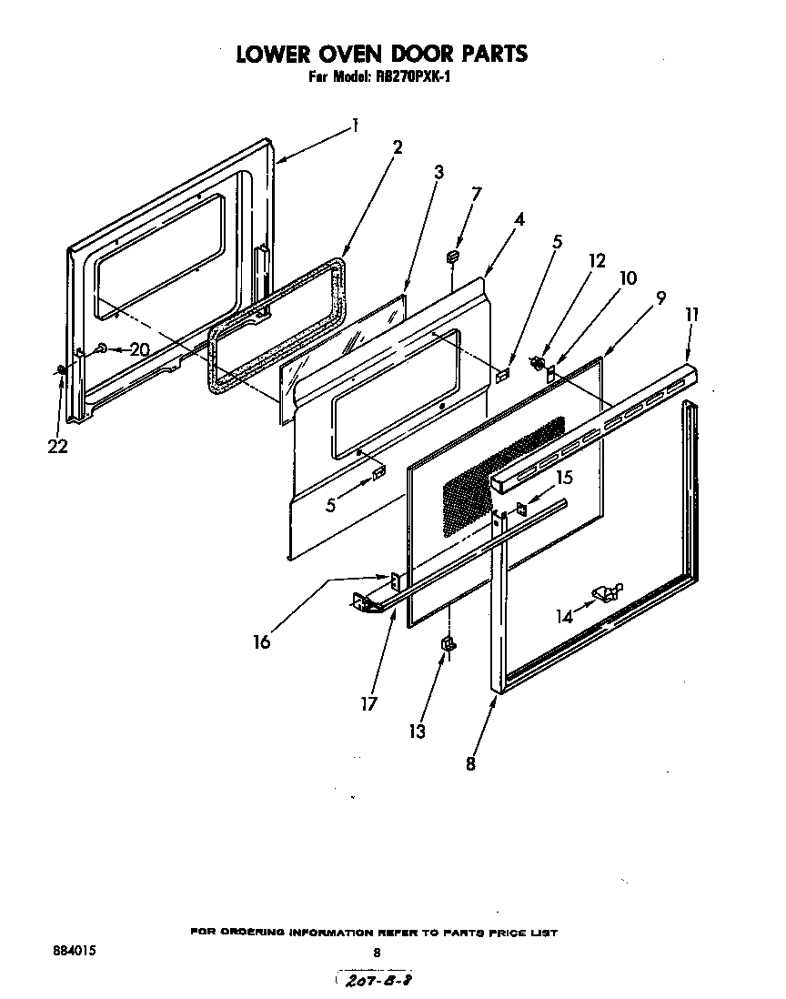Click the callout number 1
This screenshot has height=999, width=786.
[x=356, y=125]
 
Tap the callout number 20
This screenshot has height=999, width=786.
[x=138, y=348]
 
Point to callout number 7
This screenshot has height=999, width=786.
[x=477, y=194]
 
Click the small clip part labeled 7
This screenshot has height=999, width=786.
[x=451, y=258]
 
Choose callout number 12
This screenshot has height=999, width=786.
[x=596, y=259]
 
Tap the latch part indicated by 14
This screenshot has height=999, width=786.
[x=607, y=593]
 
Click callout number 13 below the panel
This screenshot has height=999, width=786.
[x=418, y=731]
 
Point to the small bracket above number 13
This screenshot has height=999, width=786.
[x=447, y=645]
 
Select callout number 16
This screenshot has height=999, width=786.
[x=262, y=641]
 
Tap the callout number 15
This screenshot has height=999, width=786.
[x=564, y=477]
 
